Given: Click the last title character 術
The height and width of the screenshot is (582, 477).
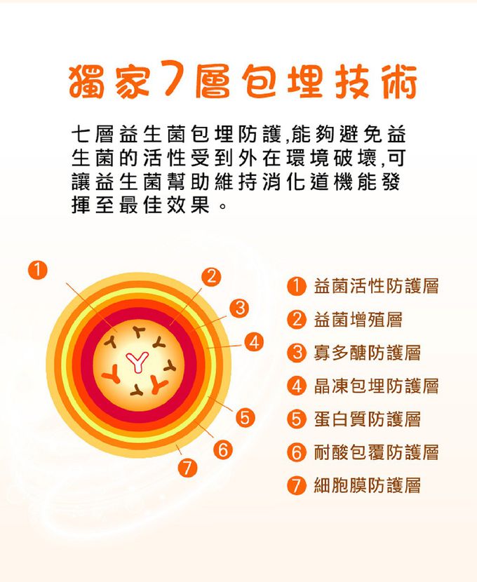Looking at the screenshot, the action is coord(399,82).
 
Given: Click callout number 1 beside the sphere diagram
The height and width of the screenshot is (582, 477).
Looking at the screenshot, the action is coord(38,270).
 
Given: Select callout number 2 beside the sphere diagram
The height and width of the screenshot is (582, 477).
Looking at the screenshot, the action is coord(211,277).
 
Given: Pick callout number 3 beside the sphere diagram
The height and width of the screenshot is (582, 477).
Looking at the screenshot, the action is coord(239,308).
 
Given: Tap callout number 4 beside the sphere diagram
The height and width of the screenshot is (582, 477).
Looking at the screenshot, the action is coord(254,342).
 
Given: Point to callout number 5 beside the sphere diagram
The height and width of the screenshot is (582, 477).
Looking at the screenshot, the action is coord(245,418).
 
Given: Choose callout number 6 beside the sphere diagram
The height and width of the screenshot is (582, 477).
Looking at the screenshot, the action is coord(223,450).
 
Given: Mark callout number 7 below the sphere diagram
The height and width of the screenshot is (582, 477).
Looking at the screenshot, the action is coord(187,467).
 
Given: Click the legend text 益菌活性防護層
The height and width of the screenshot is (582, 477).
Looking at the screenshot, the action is coord(377,286).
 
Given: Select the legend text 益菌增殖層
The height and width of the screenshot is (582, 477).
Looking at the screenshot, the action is coord(358,320).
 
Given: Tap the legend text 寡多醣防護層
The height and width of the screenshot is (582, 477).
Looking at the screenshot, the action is coord(367,353).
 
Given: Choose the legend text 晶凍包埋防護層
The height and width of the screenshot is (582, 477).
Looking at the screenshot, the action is coord(377,386).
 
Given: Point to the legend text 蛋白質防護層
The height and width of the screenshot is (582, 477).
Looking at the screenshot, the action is coord(367,419).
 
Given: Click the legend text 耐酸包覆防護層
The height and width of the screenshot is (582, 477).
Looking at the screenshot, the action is coord(377,452).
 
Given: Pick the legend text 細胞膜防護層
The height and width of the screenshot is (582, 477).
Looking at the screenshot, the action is coord(367,485).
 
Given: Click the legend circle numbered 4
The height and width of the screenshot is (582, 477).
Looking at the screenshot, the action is coord(297,386).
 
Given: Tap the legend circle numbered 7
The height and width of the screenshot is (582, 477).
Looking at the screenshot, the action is coord(297,485).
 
